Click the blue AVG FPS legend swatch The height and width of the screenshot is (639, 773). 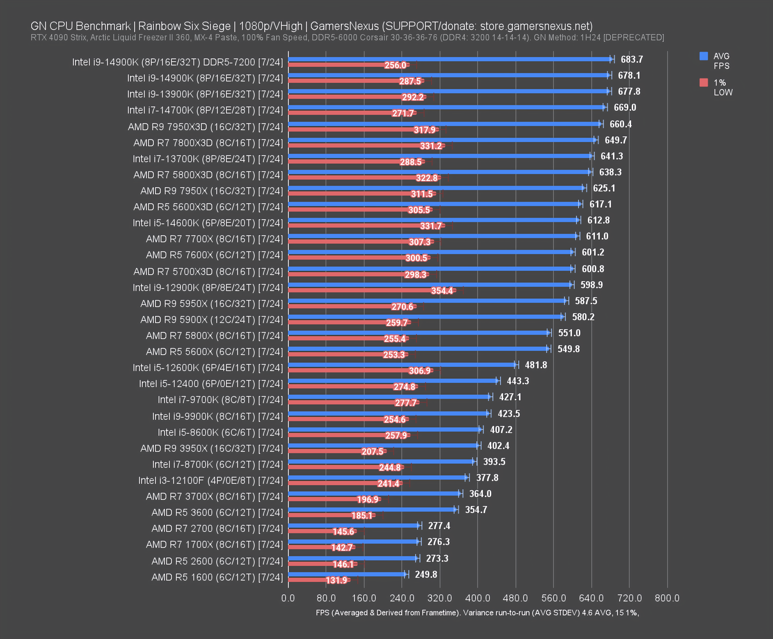704,56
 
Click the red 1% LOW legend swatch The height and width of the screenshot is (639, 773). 704,83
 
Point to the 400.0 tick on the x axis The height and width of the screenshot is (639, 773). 478,598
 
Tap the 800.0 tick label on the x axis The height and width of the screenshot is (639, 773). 667,598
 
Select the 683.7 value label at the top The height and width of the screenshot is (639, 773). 632,59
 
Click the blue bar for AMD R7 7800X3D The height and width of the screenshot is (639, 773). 442,140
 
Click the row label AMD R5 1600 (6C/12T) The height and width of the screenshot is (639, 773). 217,577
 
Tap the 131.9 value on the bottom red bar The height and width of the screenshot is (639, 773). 336,580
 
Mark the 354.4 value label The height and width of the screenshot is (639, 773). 442,291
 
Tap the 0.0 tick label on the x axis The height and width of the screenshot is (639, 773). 288,598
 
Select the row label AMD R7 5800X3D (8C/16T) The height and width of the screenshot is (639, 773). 208,175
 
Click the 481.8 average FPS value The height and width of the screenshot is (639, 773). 536,365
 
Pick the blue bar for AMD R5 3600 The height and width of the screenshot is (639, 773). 372,509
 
